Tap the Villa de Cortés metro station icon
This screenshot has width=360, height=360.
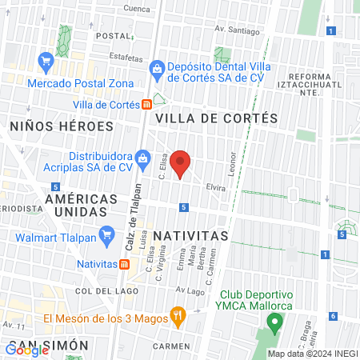click(x=146, y=104)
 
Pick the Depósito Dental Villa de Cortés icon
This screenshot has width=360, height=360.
click(x=157, y=69)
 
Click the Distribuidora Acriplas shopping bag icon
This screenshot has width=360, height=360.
click(x=142, y=158)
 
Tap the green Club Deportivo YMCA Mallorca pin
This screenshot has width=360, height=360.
click(x=275, y=323)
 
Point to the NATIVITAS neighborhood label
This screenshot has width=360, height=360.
click(x=190, y=236)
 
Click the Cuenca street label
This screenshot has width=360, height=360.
click(x=137, y=9)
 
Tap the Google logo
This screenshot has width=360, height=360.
click(x=27, y=349)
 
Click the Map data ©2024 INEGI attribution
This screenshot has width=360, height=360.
click(x=311, y=354)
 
